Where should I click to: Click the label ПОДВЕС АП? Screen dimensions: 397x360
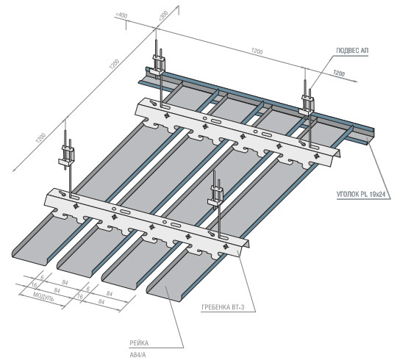click(352, 51)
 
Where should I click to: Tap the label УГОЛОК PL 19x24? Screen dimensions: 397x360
click(361, 194)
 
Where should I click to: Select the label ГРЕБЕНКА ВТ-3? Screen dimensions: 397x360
click(223, 307)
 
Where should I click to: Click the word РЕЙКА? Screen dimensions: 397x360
click(139, 343)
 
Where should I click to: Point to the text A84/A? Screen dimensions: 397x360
click(137, 355)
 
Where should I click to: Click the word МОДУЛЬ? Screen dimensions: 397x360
click(43, 296)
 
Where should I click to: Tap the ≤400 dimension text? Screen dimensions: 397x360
click(121, 15)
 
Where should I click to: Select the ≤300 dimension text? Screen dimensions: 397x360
click(163, 15)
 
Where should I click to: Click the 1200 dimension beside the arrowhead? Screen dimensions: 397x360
click(339, 73)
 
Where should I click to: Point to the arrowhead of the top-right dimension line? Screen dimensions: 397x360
click(355, 81)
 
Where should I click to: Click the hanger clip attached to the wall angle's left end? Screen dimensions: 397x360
click(159, 65)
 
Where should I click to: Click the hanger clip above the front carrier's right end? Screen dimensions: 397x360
click(215, 195)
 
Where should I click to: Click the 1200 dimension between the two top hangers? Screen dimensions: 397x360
click(257, 51)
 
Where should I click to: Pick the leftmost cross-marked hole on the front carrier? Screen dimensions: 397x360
click(76, 206)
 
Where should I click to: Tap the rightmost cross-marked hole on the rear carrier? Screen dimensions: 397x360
click(316, 156)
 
